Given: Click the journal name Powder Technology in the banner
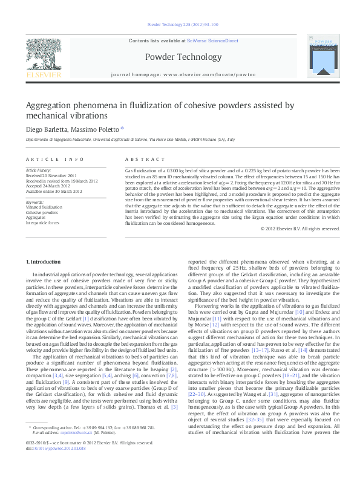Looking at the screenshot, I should coord(182,57).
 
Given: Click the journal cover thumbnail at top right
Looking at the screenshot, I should coord(322,57).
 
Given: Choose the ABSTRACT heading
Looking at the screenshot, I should coord(140,159).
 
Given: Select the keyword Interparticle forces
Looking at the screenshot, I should coord(42,222).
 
